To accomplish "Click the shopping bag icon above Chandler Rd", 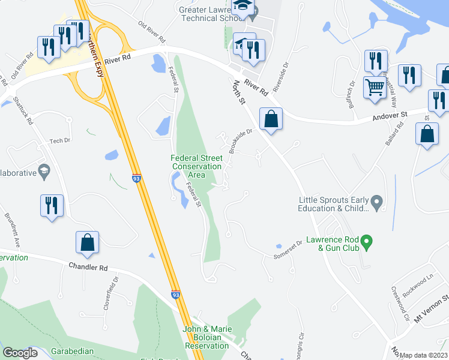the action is point(87,242).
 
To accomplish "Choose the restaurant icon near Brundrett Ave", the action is point(51,206).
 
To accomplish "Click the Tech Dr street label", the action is point(60,141).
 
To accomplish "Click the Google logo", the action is point(20,353).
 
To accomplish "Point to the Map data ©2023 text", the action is point(424,355).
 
